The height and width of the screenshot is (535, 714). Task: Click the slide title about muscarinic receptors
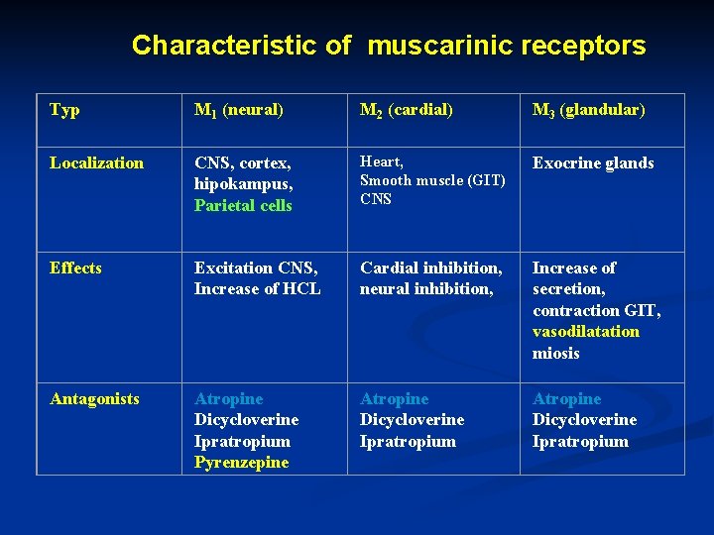click(388, 46)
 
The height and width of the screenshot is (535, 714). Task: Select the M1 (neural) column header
click(239, 110)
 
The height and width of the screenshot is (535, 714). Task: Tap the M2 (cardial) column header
click(407, 110)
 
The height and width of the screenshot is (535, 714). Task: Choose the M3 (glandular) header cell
click(588, 110)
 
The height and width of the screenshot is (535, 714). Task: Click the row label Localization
click(96, 162)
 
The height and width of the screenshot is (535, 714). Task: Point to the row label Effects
click(75, 267)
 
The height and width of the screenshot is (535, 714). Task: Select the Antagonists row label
click(94, 398)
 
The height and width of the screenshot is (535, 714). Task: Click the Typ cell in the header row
click(64, 110)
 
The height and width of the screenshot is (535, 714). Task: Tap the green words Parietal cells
click(243, 205)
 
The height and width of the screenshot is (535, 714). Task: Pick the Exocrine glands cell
click(593, 162)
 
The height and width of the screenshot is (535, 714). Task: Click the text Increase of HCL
click(257, 289)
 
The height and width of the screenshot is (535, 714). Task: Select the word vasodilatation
click(586, 331)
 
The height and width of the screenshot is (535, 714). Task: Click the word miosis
click(555, 353)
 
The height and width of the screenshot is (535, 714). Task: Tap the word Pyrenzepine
click(241, 462)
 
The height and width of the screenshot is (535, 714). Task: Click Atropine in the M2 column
click(394, 398)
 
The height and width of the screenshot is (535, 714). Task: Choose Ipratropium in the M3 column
click(580, 441)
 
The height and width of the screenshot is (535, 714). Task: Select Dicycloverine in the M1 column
click(246, 419)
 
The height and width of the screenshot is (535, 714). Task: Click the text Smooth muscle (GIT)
click(432, 180)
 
